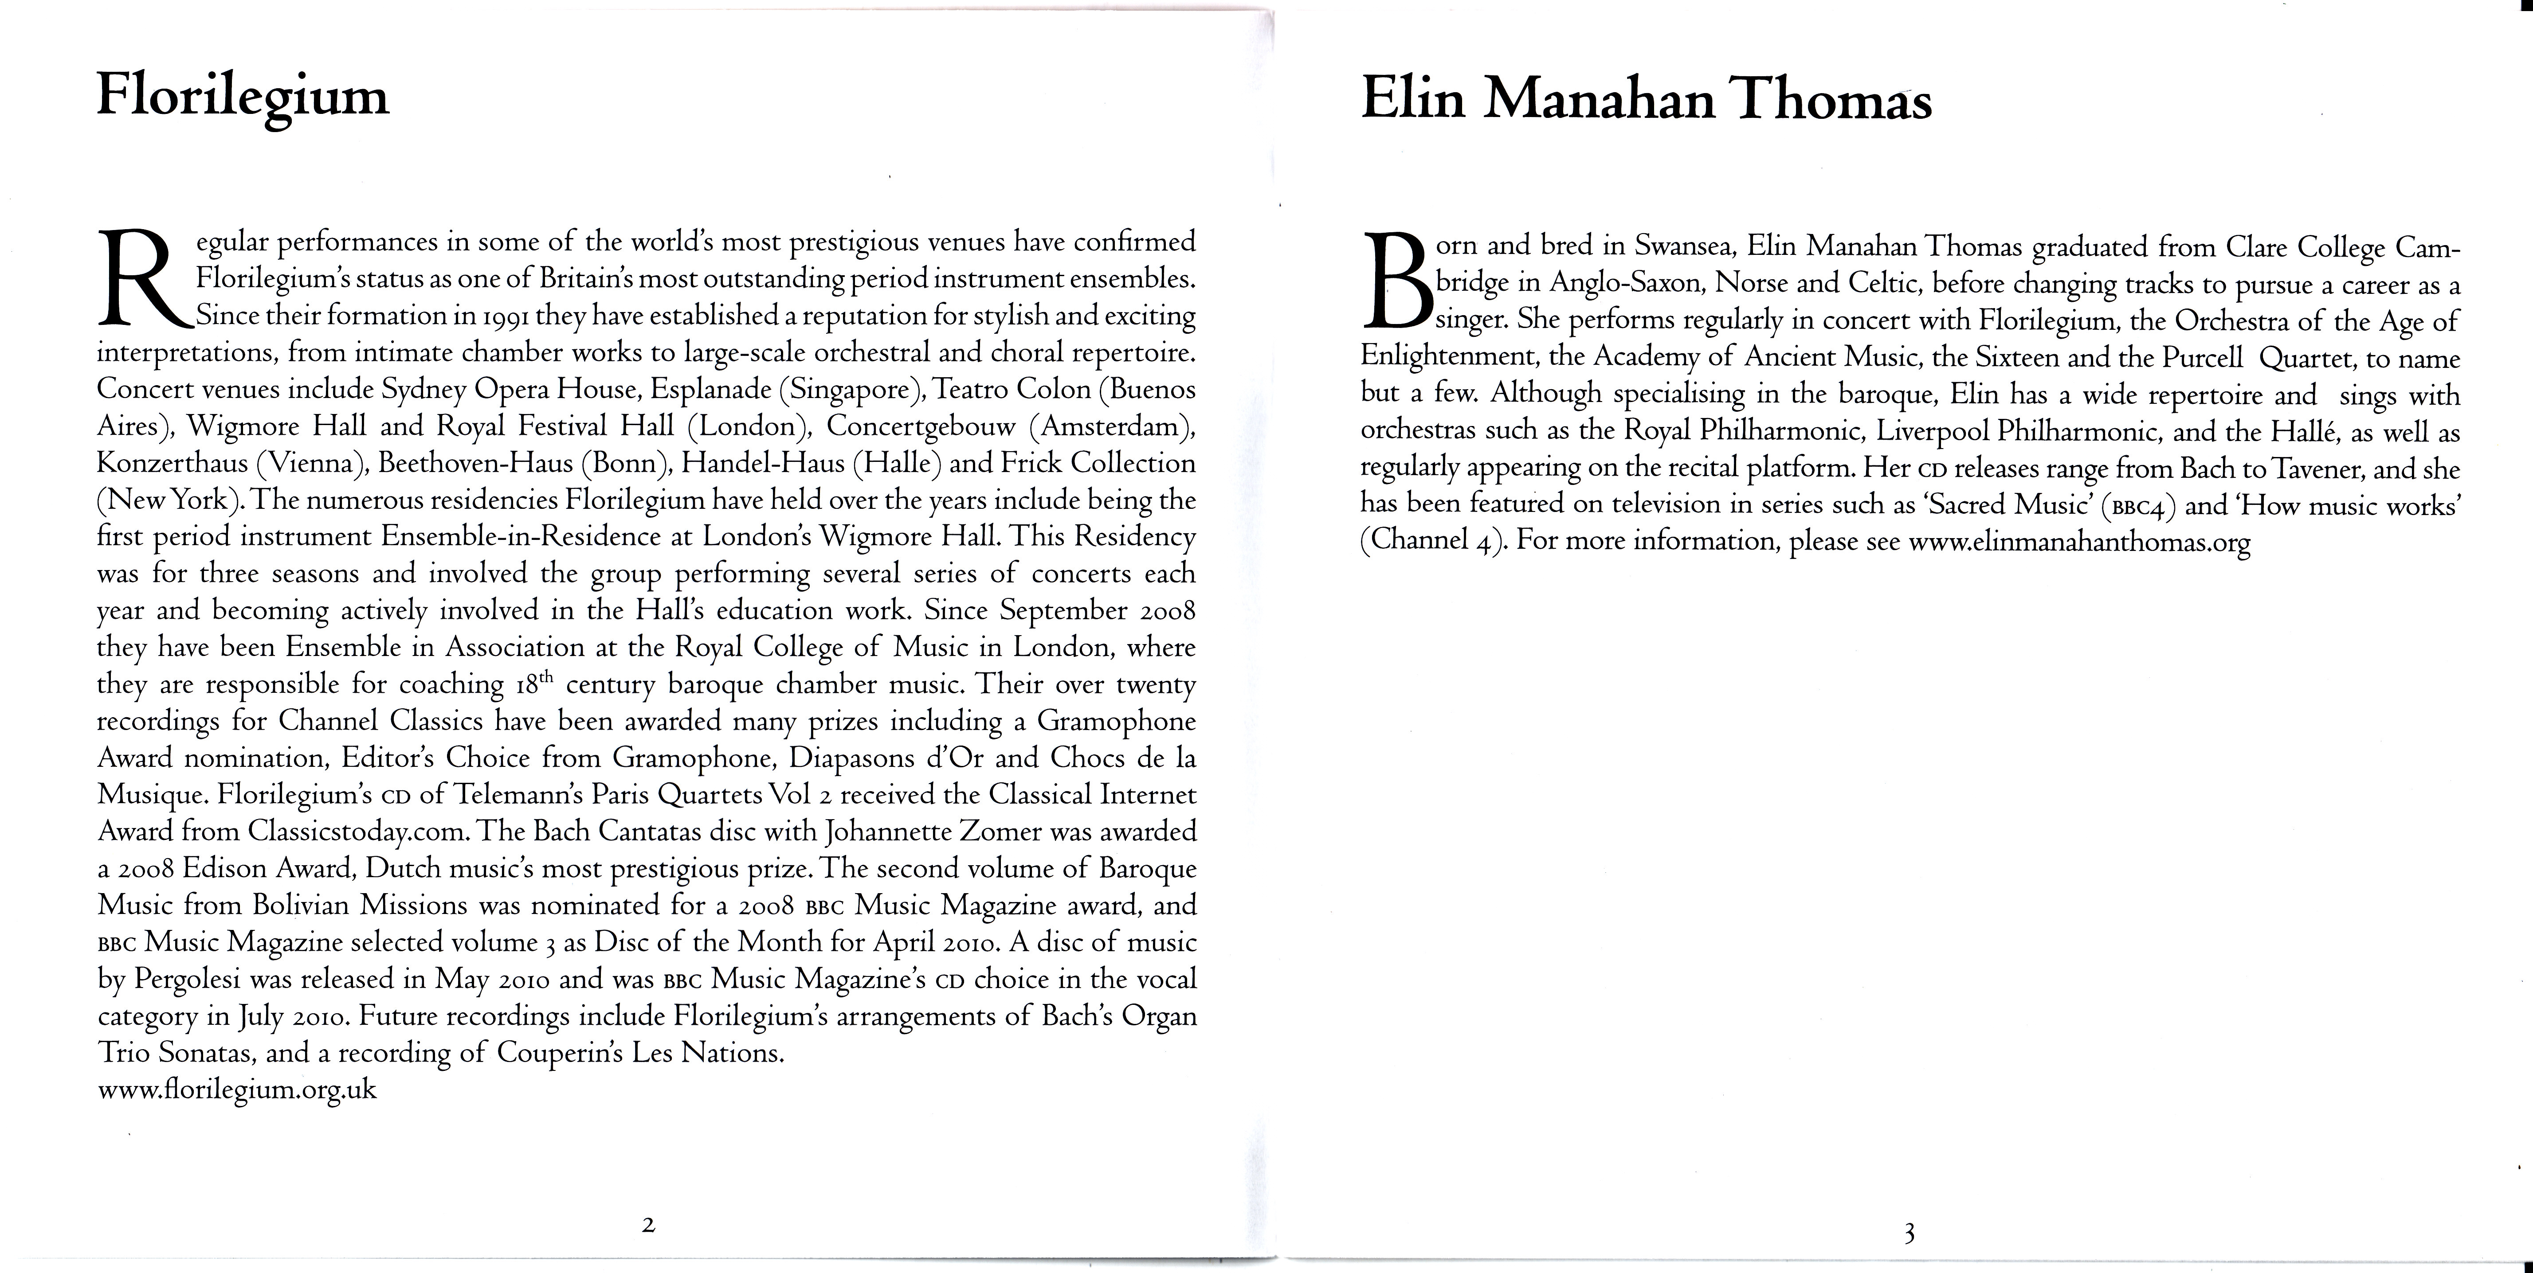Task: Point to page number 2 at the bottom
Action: pyautogui.click(x=648, y=1225)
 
